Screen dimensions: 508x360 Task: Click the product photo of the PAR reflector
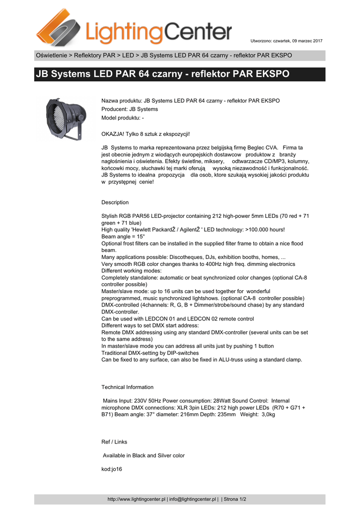(x=63, y=118)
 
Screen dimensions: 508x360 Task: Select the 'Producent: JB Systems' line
(x=130, y=109)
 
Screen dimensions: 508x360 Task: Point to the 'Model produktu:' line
(x=122, y=118)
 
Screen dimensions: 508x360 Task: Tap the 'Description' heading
(x=115, y=202)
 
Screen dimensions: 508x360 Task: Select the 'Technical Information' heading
(x=128, y=387)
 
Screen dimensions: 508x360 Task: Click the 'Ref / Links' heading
(x=114, y=442)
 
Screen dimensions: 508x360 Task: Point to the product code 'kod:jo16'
(x=112, y=469)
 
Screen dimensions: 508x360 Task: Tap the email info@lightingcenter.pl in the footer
(x=194, y=499)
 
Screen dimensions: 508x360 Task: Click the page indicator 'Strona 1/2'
(x=235, y=499)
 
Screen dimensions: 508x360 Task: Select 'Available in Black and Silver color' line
(x=144, y=455)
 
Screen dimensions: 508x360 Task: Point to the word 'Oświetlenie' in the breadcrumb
(x=51, y=55)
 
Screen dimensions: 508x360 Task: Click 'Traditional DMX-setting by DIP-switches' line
(x=150, y=353)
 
